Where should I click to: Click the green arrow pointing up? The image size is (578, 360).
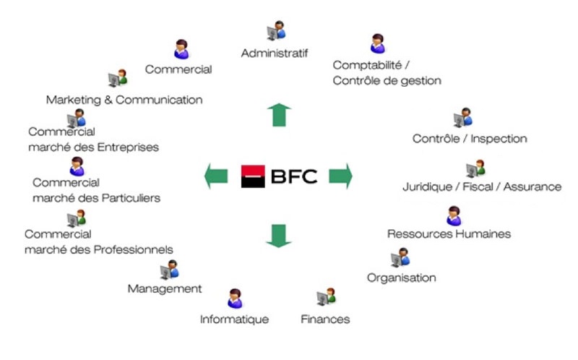click(279, 115)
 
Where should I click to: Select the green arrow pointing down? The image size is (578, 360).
click(279, 236)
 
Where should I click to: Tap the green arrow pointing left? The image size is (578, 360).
click(216, 176)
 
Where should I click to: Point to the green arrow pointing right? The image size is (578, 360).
click(340, 176)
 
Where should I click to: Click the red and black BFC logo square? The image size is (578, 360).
click(253, 176)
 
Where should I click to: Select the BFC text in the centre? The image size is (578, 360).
click(294, 176)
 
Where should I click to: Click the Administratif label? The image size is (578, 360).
click(275, 53)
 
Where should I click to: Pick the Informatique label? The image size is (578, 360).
click(234, 319)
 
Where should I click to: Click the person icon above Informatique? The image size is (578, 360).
click(235, 298)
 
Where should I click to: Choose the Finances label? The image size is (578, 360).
click(325, 319)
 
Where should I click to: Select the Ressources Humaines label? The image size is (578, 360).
click(449, 233)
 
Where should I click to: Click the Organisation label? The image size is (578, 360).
click(401, 278)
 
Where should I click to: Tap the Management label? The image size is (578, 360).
click(164, 289)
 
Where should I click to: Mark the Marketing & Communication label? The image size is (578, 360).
click(124, 100)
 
